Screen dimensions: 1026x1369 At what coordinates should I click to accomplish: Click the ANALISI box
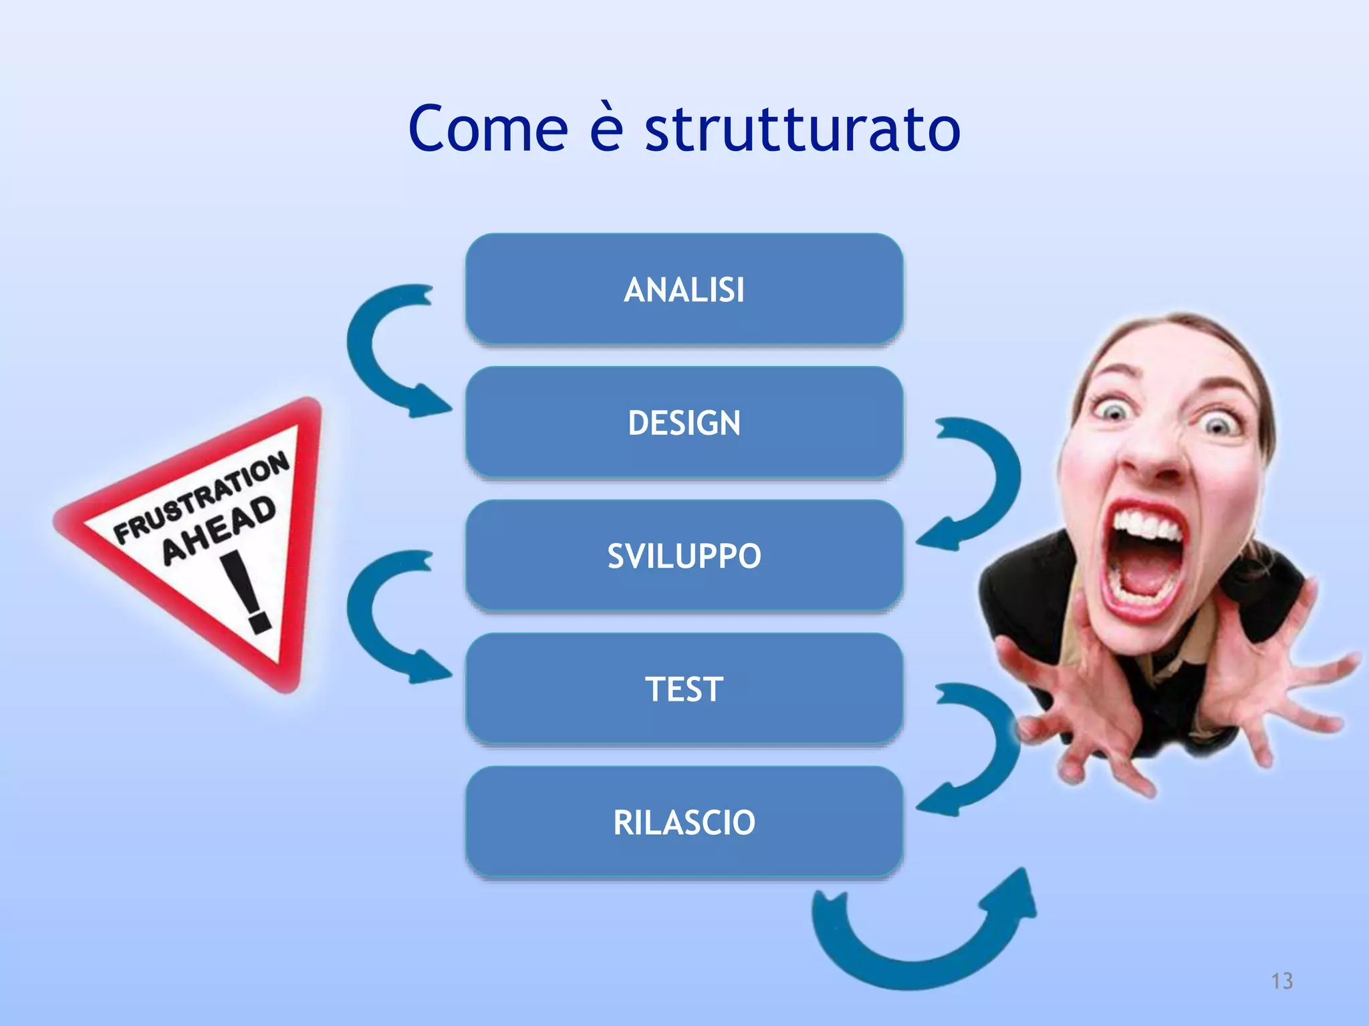684,289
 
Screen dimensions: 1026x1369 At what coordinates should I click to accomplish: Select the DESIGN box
684,422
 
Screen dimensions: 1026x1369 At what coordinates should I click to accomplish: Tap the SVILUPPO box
684,556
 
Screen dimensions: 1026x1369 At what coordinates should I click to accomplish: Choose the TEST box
684,689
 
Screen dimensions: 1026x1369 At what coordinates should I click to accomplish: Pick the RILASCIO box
684,822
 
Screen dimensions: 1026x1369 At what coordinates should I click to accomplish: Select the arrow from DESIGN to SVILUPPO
996,481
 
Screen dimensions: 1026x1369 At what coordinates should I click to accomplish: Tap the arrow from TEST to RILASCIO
996,748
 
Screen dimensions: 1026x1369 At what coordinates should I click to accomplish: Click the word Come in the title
488,128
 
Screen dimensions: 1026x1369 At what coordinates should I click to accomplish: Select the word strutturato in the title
802,128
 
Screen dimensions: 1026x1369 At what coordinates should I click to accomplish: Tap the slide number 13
1281,981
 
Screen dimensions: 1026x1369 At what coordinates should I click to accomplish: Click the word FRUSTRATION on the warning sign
201,498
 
